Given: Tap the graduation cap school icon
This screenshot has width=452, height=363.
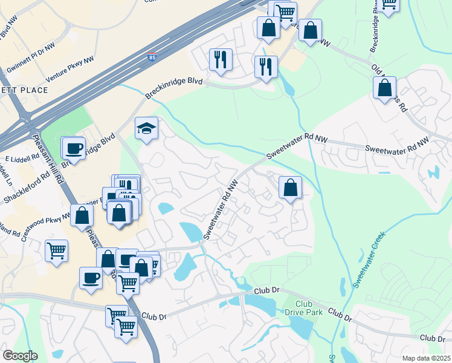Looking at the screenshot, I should click(x=146, y=128).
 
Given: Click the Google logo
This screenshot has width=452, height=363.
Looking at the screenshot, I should click(x=20, y=356).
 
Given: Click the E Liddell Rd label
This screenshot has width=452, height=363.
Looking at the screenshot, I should click(x=22, y=159).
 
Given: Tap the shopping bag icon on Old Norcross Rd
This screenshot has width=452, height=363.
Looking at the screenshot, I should click(x=384, y=89).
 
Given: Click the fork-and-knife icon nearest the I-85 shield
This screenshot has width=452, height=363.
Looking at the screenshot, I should click(x=220, y=59).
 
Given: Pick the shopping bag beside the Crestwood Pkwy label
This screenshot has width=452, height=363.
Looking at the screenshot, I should click(x=82, y=215).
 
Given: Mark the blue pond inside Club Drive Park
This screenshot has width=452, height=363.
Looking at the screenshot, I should click(x=300, y=326).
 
